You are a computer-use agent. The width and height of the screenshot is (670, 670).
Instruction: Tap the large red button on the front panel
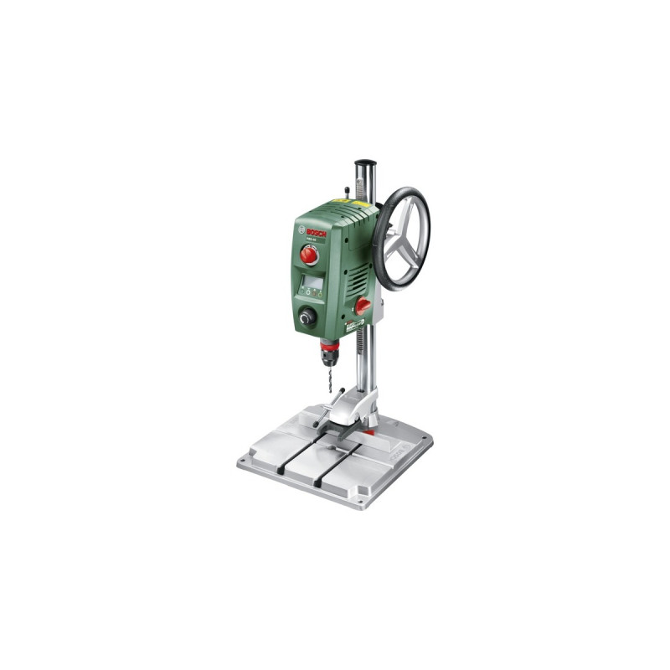[x=310, y=255]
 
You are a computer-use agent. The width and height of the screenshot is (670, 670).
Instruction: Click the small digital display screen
[x=312, y=281]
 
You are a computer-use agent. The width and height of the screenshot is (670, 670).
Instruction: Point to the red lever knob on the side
[x=363, y=307]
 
